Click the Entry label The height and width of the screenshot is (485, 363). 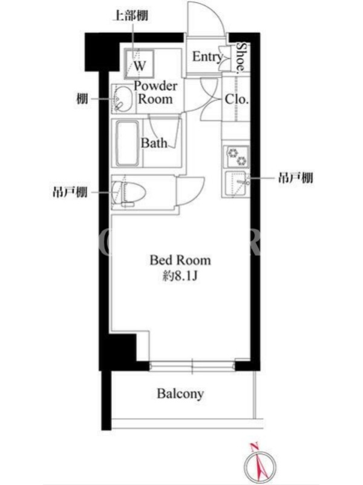(208, 57)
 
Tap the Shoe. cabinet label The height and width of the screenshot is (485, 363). (242, 58)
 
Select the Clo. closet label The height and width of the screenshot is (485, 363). (237, 99)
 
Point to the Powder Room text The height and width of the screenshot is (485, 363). (155, 93)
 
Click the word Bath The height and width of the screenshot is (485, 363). (154, 143)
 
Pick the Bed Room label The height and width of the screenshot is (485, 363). (180, 260)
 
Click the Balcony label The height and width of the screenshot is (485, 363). (180, 393)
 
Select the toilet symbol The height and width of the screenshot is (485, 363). (129, 192)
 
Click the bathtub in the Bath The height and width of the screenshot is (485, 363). (128, 143)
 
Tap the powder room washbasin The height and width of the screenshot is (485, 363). (123, 99)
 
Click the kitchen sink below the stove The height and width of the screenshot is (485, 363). (237, 183)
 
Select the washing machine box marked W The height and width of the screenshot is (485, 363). (139, 64)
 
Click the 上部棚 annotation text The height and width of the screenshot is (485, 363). (130, 16)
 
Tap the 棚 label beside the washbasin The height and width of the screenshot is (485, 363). (82, 99)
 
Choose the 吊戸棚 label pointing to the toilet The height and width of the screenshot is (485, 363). (70, 193)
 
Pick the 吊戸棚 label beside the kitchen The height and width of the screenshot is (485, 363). (296, 178)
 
